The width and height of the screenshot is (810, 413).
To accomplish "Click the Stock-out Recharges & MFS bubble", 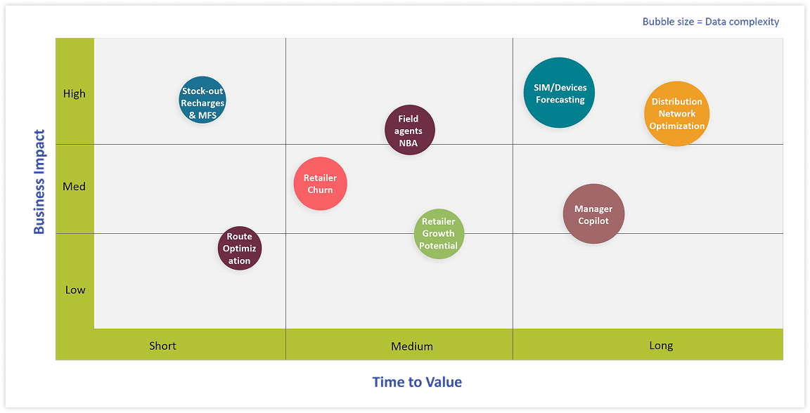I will [x=202, y=100].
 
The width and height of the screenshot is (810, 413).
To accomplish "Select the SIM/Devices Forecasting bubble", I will [x=560, y=93].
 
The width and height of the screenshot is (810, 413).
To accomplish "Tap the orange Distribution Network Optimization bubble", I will [x=676, y=114].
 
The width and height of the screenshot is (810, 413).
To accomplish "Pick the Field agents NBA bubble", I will [x=410, y=130].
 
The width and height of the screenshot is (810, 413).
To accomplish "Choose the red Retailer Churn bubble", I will [x=320, y=184].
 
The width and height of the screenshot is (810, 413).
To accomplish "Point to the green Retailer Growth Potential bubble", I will [x=439, y=234].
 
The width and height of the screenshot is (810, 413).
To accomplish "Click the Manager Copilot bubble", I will [x=593, y=214].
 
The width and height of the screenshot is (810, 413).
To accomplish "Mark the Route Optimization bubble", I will [x=239, y=249].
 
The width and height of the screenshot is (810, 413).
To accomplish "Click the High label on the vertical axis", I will [x=75, y=93].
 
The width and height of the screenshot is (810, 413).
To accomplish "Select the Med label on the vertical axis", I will [x=75, y=186].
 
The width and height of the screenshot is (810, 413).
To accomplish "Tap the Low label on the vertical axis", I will [x=75, y=289].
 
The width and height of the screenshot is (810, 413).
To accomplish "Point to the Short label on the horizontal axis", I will [x=162, y=346].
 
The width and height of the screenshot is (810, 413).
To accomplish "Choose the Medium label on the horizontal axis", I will [x=412, y=346].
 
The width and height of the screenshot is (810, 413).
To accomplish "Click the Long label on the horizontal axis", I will [x=661, y=345].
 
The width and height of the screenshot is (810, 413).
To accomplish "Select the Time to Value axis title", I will [x=417, y=382].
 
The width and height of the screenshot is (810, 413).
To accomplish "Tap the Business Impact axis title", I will [x=39, y=182].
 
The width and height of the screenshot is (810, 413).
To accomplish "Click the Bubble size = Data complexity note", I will [x=710, y=22].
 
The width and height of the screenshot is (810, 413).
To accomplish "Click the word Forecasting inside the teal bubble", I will [x=560, y=100].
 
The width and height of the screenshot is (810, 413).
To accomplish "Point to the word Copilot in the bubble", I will [x=593, y=221].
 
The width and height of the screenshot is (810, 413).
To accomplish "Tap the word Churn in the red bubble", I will [x=320, y=190].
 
